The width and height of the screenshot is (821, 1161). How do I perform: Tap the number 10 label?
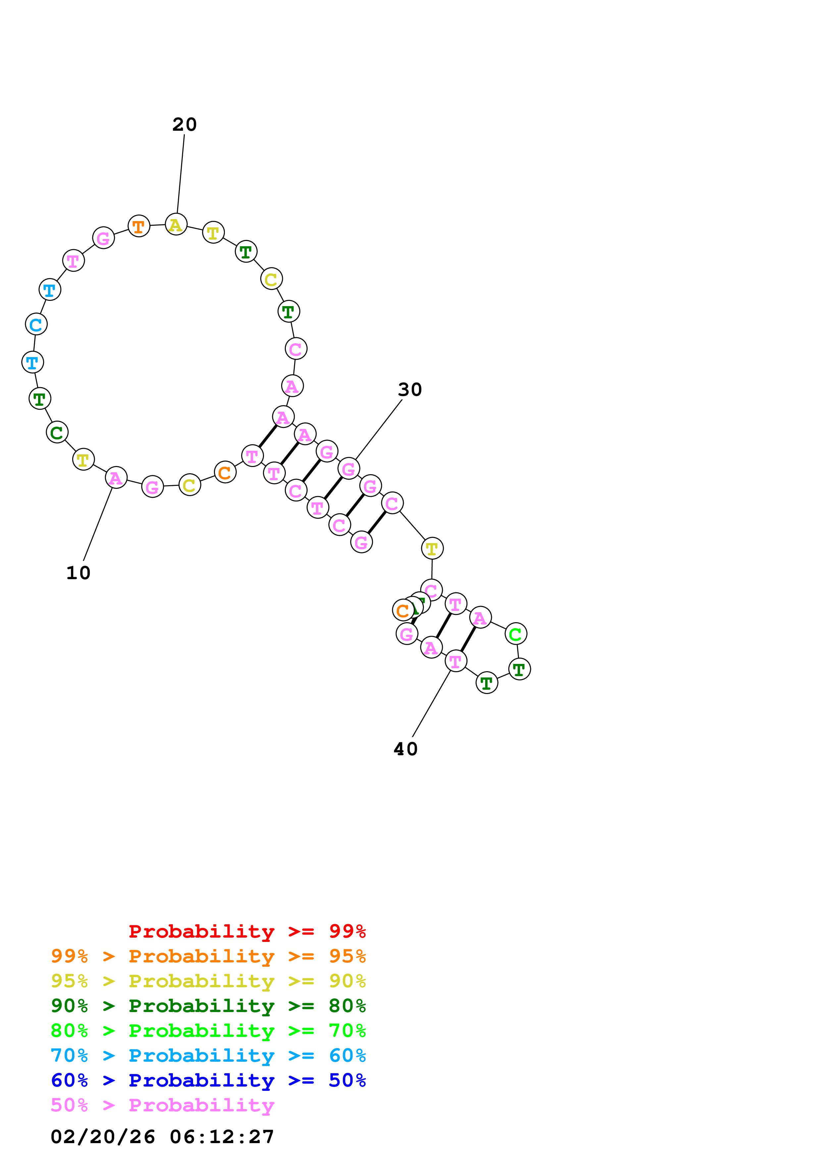[78, 573]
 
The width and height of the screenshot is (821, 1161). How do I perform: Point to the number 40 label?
[406, 749]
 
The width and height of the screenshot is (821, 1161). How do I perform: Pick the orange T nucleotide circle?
[139, 226]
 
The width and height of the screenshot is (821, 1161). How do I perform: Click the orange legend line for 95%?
[208, 956]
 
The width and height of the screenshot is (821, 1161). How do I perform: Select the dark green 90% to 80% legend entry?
[208, 1006]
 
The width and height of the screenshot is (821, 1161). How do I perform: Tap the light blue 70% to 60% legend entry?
[208, 1055]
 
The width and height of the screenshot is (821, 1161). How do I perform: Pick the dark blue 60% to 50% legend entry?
[208, 1080]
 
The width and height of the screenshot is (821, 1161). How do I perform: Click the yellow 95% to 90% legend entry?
[208, 981]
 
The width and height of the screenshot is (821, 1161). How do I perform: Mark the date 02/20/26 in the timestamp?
[103, 1137]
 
